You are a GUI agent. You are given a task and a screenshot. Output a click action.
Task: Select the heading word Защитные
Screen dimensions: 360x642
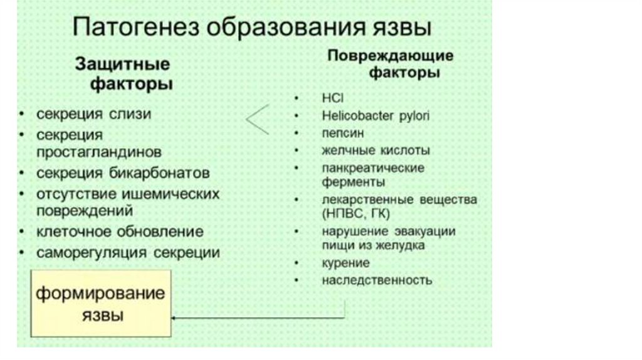[122, 63]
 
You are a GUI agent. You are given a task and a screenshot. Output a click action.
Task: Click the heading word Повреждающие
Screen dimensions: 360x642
[391, 55]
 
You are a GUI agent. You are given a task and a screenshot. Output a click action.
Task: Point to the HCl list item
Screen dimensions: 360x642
[333, 98]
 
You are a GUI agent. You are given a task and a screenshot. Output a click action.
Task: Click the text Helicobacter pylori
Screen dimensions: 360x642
[376, 116]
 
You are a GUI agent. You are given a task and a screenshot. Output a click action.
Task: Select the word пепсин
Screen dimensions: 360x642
[342, 133]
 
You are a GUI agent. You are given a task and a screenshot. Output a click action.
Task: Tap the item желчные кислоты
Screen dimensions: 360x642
[376, 151]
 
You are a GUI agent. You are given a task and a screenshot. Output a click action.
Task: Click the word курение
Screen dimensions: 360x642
[345, 263]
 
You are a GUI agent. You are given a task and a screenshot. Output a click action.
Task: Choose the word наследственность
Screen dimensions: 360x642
[377, 280]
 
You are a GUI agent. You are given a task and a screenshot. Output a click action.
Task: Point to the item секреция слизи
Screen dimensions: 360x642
[93, 115]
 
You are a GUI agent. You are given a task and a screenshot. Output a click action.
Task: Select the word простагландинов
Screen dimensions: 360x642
[98, 152]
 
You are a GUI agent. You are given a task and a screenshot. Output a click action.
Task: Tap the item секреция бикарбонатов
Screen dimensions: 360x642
[123, 172]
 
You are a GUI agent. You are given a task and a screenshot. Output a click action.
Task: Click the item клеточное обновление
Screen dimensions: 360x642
[120, 231]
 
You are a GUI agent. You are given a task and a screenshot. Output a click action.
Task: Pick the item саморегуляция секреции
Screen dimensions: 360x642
[128, 253]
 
